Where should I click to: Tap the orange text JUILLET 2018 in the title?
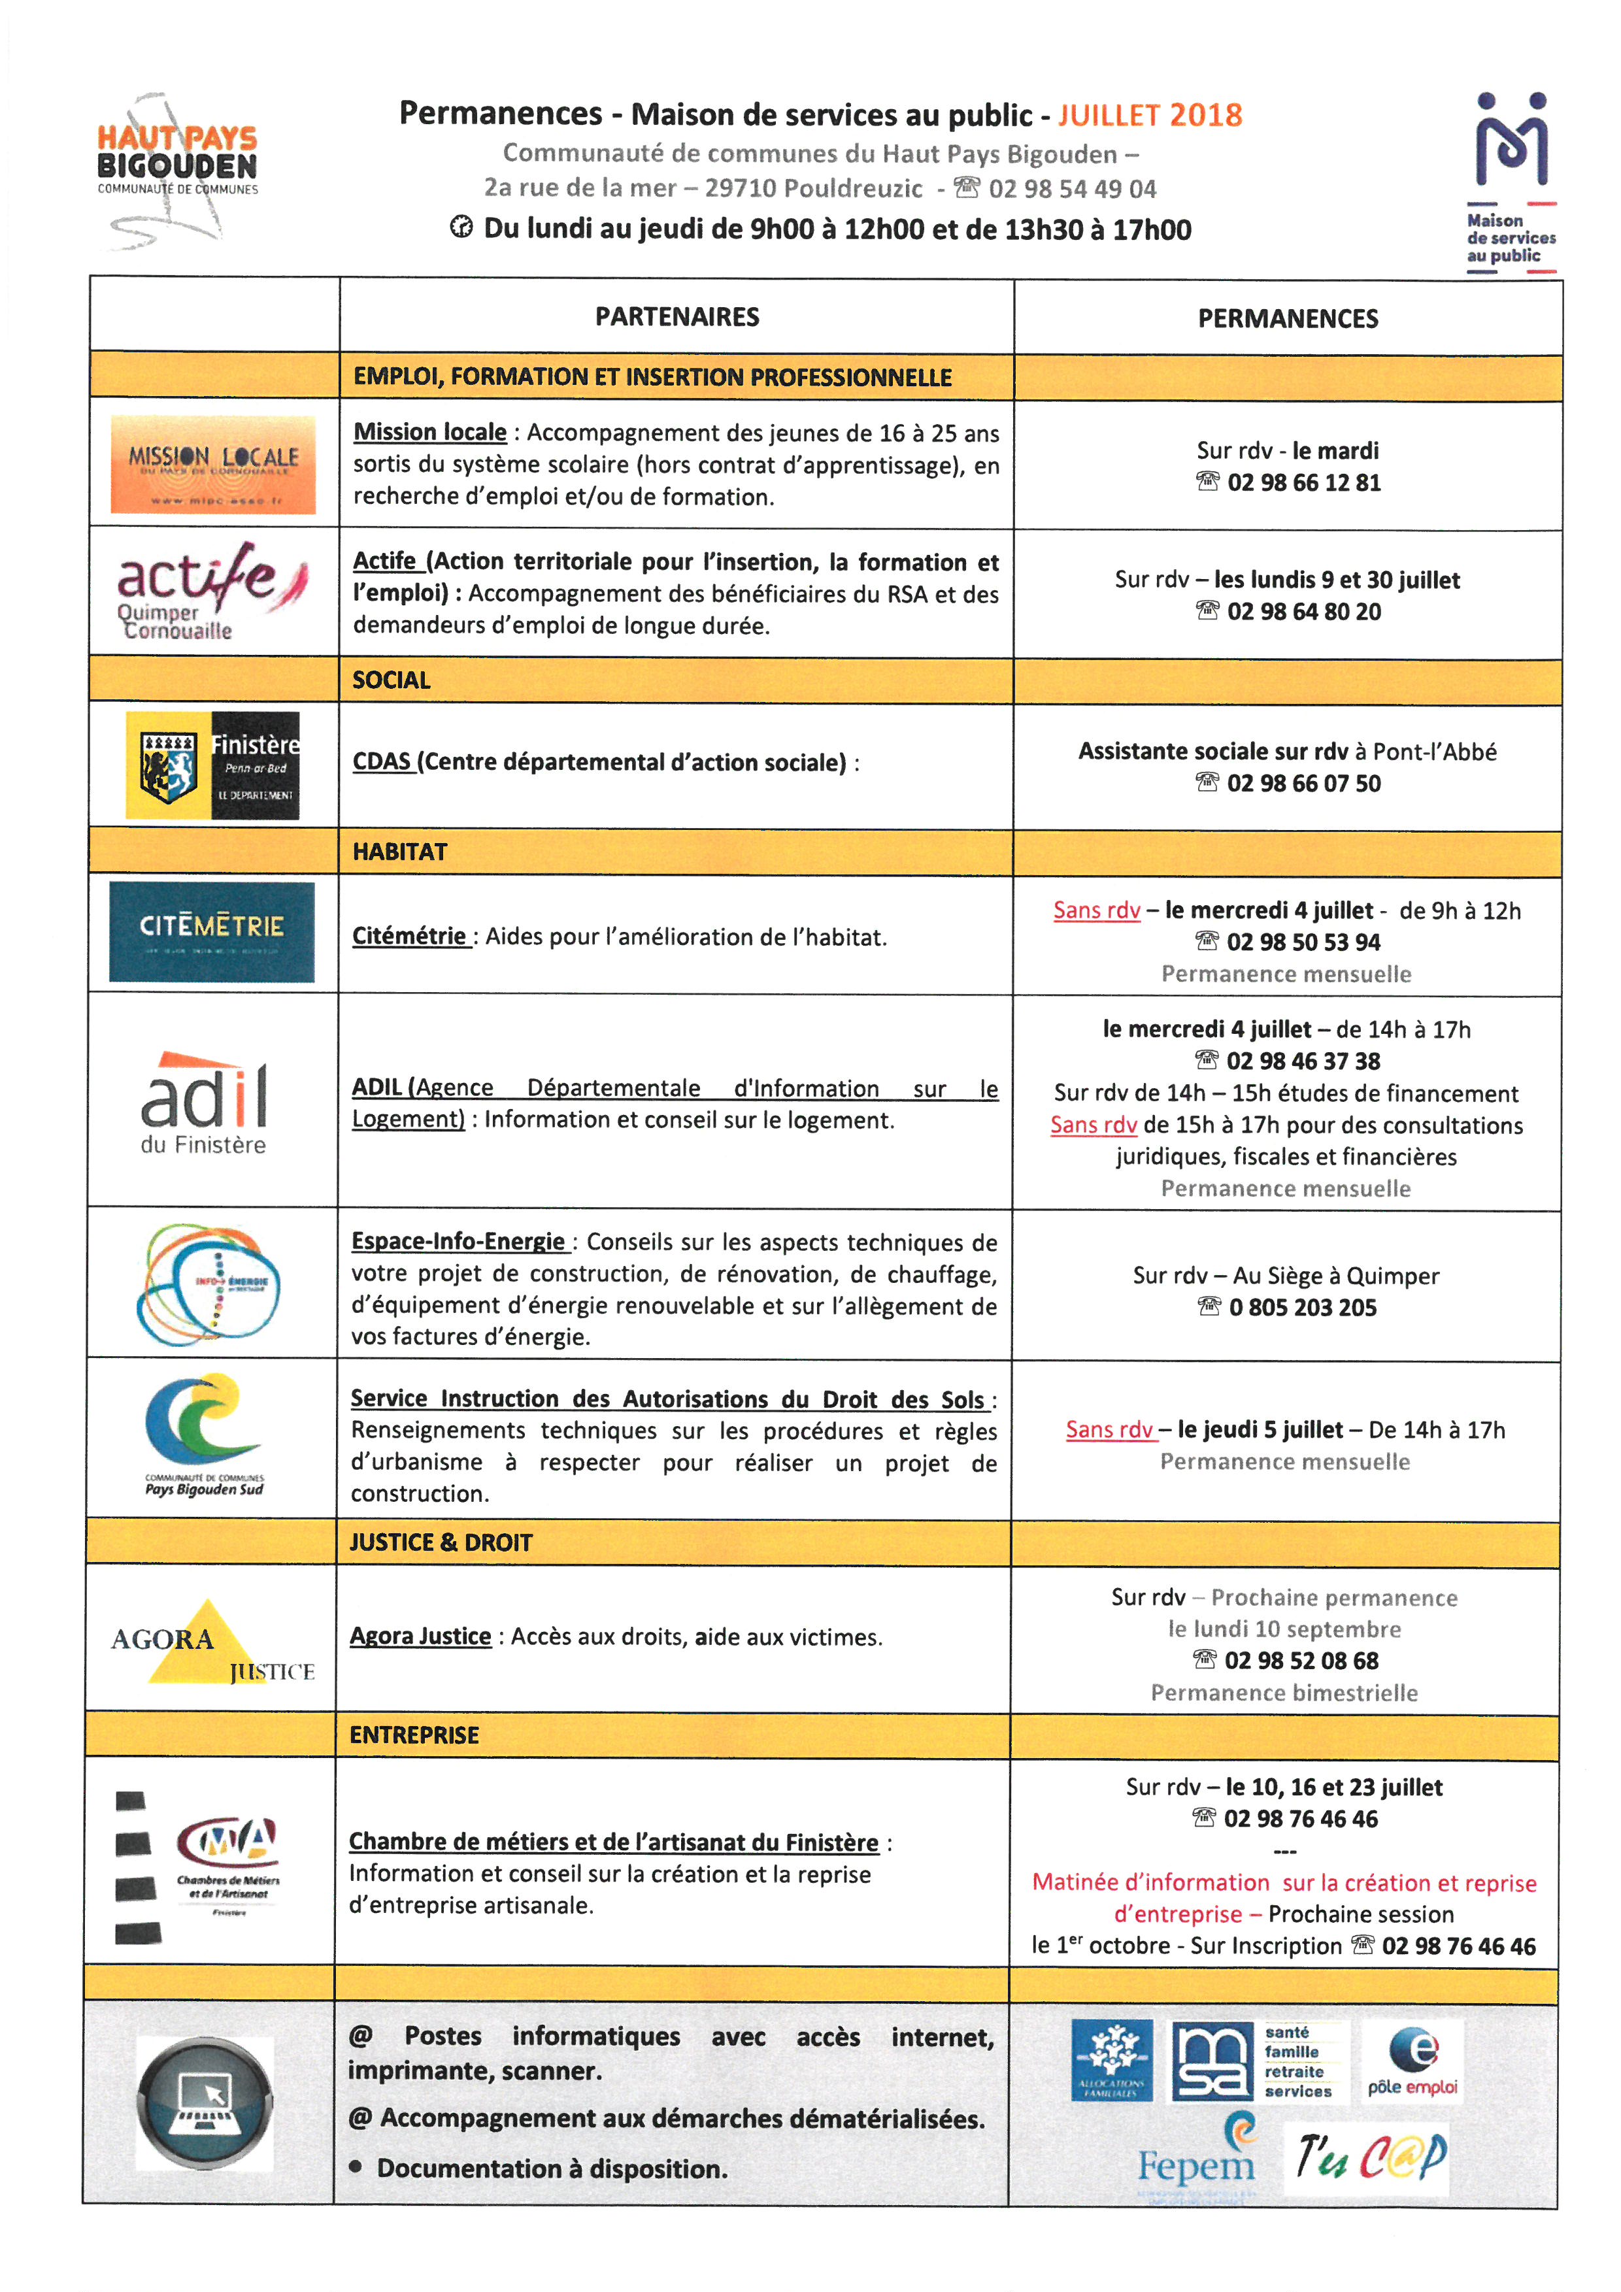click(1150, 115)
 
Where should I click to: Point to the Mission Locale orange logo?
click(212, 464)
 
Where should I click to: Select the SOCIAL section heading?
click(392, 681)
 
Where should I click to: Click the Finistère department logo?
click(212, 766)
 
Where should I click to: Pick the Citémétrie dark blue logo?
click(212, 931)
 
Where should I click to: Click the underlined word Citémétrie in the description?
click(409, 937)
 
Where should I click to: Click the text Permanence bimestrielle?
click(1284, 1693)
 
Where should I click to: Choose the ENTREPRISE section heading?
click(414, 1735)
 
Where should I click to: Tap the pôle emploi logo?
click(1412, 2063)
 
